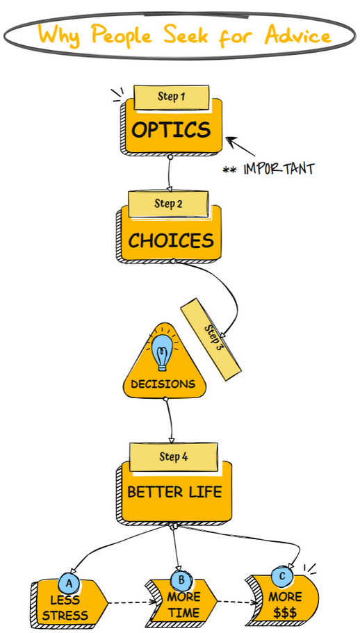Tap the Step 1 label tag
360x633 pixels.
(x=172, y=97)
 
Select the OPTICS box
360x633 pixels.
(x=172, y=129)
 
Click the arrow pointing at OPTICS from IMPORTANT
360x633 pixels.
(x=240, y=146)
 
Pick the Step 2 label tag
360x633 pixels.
(x=168, y=204)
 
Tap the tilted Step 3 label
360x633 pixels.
(x=211, y=339)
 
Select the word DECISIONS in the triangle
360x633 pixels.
(x=163, y=384)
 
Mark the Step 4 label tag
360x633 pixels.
(x=174, y=457)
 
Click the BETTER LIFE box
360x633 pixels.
(x=174, y=493)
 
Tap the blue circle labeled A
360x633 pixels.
(x=69, y=584)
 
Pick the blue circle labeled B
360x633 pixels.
(x=181, y=580)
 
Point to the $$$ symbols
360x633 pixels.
(x=285, y=614)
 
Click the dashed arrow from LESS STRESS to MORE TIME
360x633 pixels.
(x=132, y=602)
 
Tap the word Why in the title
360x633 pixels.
(x=60, y=35)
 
